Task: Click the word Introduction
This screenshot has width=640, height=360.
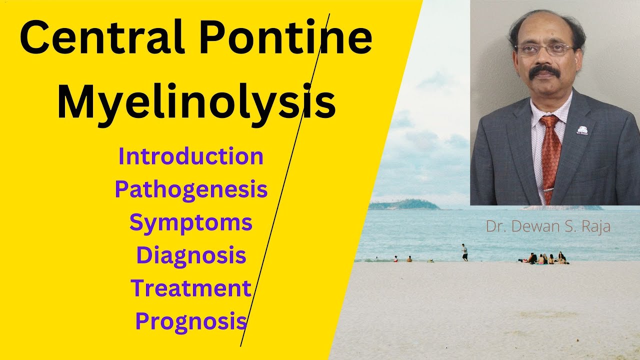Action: [191, 156]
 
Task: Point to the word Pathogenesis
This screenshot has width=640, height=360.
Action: [191, 189]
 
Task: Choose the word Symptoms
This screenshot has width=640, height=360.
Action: [191, 222]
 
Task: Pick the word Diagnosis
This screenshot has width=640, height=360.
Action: [191, 255]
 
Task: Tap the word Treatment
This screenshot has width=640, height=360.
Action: [191, 288]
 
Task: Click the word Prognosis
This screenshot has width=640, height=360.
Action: [191, 321]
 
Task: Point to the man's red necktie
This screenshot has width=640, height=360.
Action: [550, 155]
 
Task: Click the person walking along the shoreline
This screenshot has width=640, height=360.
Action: [464, 252]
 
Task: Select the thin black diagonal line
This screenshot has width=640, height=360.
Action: [285, 180]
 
